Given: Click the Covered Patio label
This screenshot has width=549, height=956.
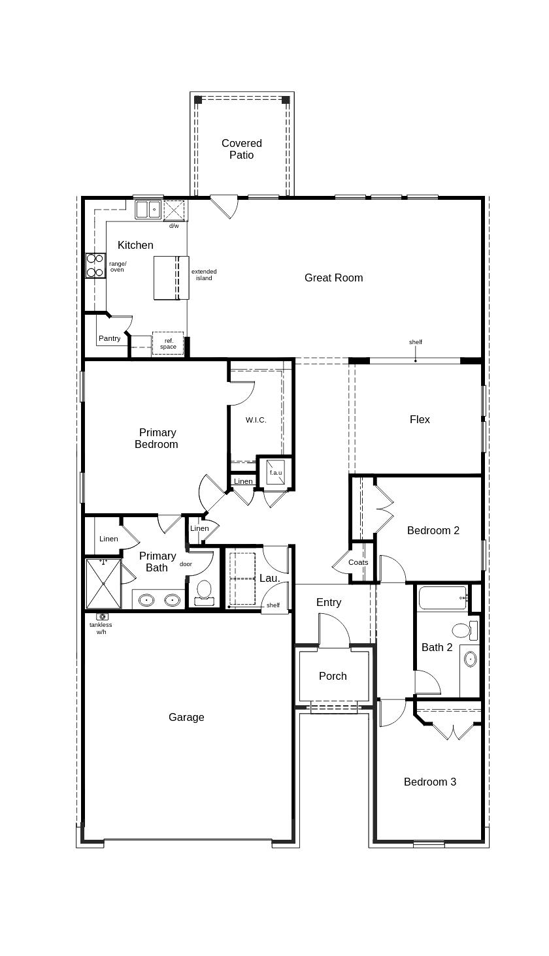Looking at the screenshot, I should coord(241,149).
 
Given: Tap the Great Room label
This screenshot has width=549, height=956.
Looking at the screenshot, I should coord(333,278).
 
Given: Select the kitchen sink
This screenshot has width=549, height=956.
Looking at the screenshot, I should coord(148,210).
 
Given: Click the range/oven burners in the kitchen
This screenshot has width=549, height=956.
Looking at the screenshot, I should coord(95,266).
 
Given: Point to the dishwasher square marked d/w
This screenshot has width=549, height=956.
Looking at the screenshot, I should coord(174,210).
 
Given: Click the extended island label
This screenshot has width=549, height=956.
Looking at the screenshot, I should coord(204,275).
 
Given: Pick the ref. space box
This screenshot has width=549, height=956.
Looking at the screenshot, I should coord(168,343).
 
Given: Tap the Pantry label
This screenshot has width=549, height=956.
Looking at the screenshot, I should coord(110,338).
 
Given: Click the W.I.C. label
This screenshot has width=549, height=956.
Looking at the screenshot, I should coord(256,420).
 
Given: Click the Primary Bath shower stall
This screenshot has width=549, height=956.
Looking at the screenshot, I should coord(103,584).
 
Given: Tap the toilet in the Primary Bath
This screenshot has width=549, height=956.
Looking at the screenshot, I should coord(205,592).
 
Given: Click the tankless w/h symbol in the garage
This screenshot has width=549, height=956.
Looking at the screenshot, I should coord(102,616).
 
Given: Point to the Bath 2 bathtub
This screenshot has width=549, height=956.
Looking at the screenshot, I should coord(442,597).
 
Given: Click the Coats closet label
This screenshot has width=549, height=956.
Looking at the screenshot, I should coord(358,562).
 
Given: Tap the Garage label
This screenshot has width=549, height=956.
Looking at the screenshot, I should coord(186,717).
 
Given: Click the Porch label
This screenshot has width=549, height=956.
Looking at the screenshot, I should coord(333,676).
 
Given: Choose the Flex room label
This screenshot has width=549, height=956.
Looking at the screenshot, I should coord(420,419).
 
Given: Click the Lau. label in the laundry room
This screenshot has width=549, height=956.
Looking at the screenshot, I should coord(269,578).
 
